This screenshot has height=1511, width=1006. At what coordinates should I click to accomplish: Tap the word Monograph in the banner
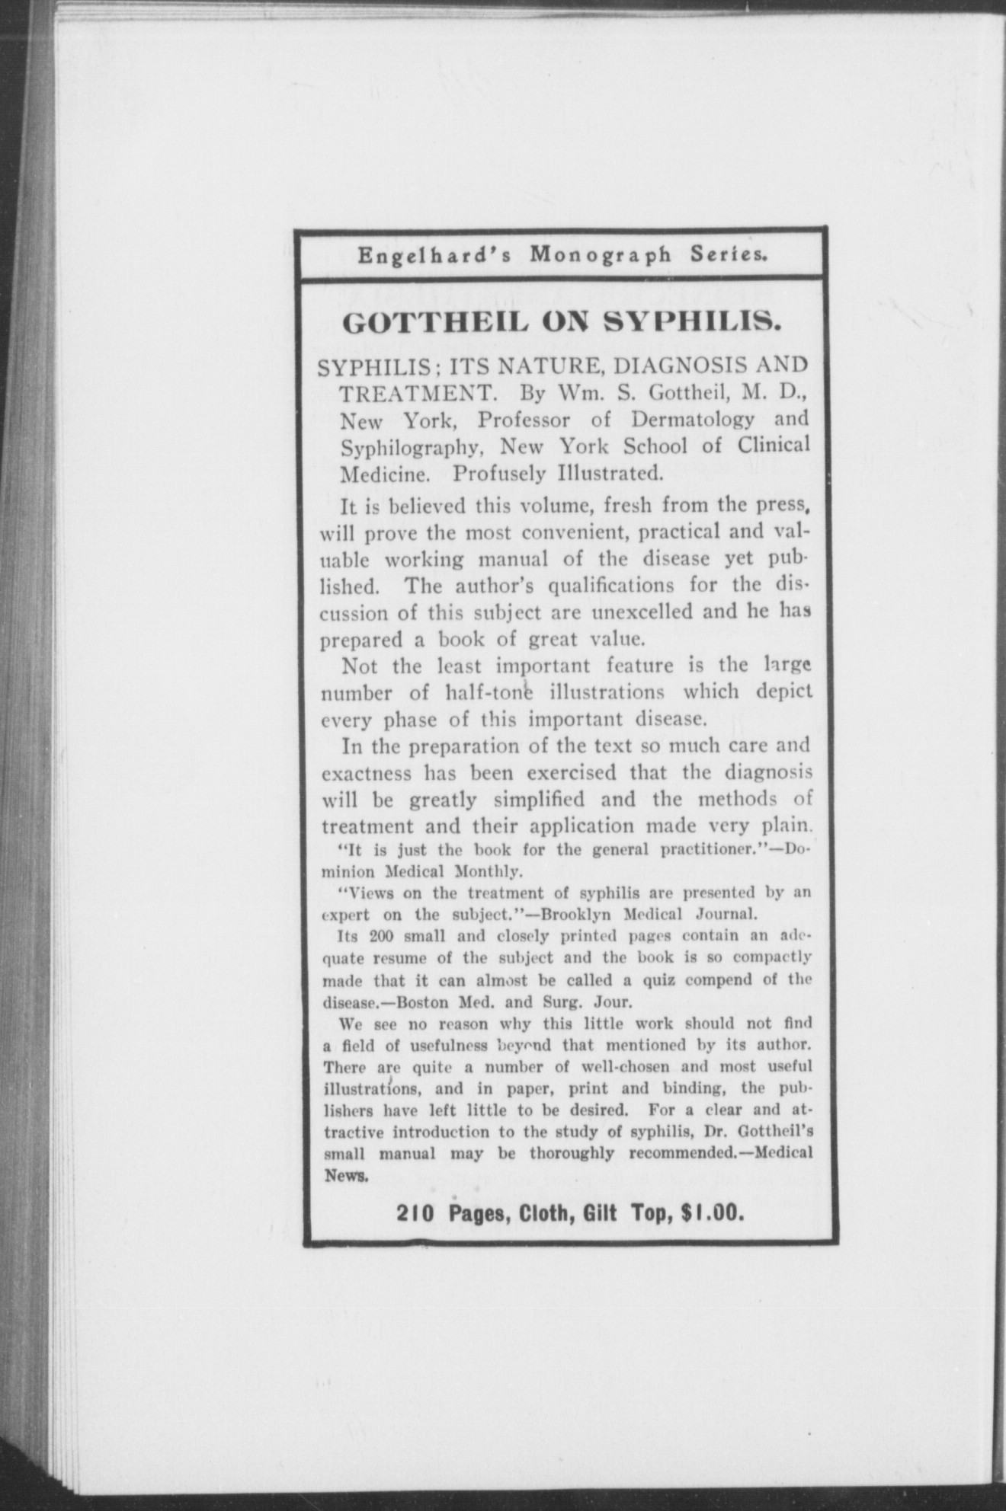(x=601, y=254)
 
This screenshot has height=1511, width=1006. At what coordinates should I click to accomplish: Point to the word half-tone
(x=488, y=693)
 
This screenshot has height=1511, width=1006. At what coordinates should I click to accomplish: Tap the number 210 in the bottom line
(x=415, y=1212)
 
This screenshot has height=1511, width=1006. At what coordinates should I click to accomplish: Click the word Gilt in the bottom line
(x=600, y=1212)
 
